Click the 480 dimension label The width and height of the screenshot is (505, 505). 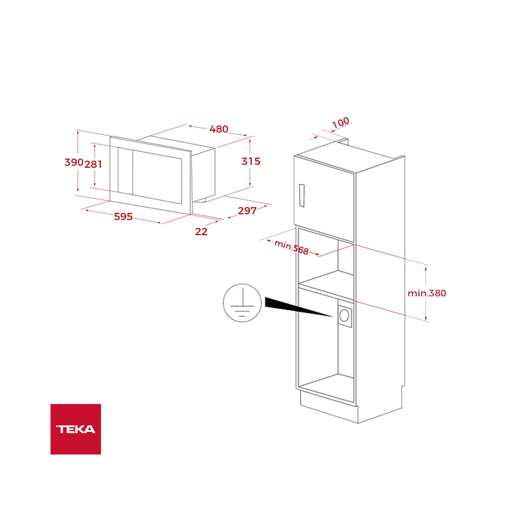coord(219,129)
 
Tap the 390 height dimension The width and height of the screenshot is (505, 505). coord(74,162)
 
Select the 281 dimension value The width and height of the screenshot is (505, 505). coord(93,164)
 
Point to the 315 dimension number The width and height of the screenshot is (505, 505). coord(251,162)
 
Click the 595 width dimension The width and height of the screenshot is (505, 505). coord(123,217)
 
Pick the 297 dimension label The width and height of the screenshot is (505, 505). coord(247,211)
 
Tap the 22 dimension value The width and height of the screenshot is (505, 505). coord(201,232)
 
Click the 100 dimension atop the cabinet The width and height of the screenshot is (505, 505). coord(341,122)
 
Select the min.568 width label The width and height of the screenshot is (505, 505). coord(291,247)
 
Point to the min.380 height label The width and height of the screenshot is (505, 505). coord(427,293)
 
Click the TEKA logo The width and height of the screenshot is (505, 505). coord(76,429)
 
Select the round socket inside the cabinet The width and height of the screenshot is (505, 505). coord(344,315)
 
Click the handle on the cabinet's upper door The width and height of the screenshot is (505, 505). coord(302,195)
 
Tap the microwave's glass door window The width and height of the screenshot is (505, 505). coord(158,177)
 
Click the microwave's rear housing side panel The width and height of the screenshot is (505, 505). coord(204,174)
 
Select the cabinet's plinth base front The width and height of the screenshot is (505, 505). coord(329,407)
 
